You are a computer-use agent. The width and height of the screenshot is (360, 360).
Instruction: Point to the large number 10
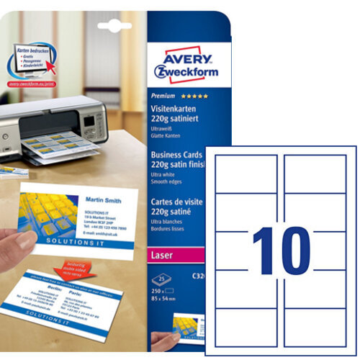(x=280, y=249)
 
